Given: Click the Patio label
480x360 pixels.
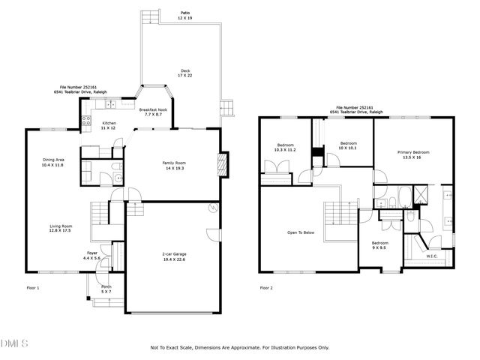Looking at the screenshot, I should click(x=184, y=15).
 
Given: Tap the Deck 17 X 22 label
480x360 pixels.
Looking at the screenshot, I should click(x=184, y=73).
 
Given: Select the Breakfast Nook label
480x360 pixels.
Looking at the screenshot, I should click(x=153, y=112).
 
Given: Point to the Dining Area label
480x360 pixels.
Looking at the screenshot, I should click(x=53, y=162).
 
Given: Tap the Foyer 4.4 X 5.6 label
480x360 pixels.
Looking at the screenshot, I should click(x=92, y=256).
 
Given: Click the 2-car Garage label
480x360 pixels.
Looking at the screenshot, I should click(x=173, y=259).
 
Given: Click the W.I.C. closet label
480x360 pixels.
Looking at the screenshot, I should click(x=432, y=256).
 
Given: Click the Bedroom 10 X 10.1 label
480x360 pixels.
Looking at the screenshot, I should click(x=349, y=145).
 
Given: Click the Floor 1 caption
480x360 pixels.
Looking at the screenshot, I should click(x=33, y=288).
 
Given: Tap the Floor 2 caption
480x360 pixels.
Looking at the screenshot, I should click(x=266, y=288).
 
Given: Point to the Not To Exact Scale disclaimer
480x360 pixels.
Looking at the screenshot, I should click(x=240, y=348).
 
